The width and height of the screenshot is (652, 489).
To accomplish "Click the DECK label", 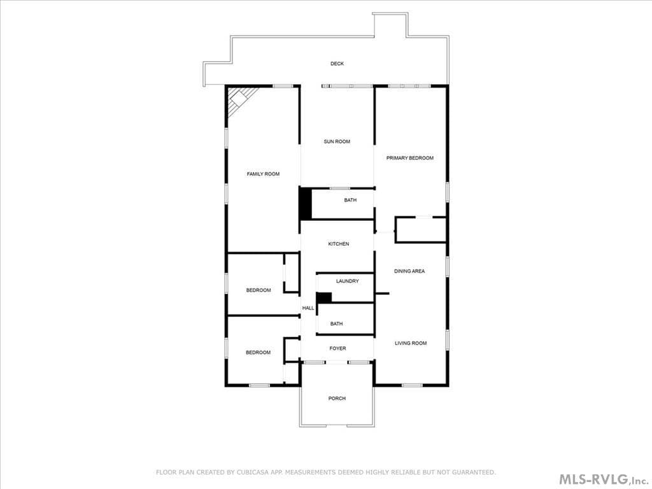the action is tap(337, 64).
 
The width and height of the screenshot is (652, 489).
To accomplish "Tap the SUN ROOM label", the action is tap(337, 141).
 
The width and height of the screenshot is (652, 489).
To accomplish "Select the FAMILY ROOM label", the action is tap(263, 174).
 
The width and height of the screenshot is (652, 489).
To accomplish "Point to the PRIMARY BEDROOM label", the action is tap(409, 158).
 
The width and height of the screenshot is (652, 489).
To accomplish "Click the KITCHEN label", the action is tap(339, 244).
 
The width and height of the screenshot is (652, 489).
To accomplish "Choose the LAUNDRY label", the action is tap(347, 281).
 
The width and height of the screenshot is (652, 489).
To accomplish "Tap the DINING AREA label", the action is tap(409, 271).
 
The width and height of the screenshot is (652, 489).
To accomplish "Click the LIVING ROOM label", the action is tap(411, 343).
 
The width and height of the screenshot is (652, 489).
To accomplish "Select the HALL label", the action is tap(308, 308).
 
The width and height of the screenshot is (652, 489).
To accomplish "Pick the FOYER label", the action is tap(337, 348).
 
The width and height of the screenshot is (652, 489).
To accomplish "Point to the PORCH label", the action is tap(337, 399).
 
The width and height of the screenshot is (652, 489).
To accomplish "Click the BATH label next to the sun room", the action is tap(350, 200).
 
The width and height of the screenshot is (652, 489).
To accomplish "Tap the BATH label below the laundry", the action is tap(336, 323).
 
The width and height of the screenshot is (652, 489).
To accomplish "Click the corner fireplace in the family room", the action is tap(240, 101).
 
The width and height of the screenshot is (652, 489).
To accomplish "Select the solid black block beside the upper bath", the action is tap(306, 203).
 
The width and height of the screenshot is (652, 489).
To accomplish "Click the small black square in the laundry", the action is tap(324, 297).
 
